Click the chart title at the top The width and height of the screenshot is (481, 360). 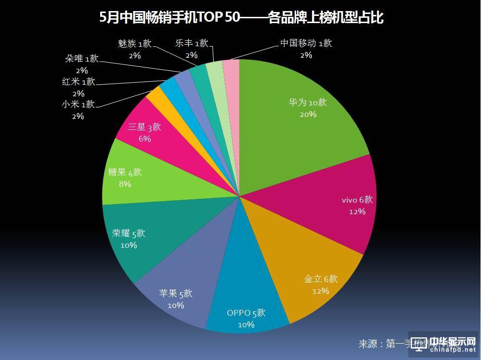click(241, 18)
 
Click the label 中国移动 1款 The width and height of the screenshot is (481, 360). click(306, 43)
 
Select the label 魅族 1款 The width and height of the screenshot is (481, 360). click(134, 44)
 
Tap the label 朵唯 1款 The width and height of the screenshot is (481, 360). click(81, 59)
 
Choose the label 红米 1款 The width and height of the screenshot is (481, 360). click(78, 81)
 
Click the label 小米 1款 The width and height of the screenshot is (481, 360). click(78, 104)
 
